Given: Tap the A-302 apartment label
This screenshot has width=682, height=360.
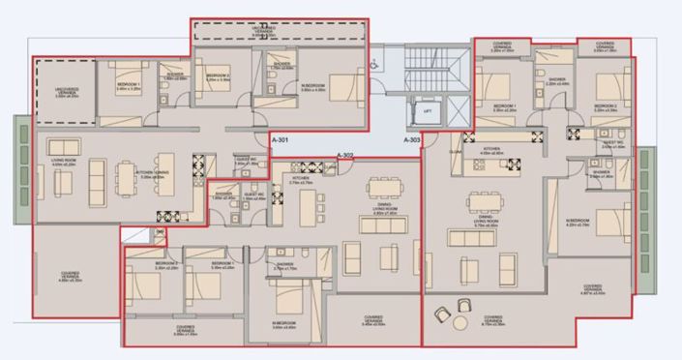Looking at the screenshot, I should (x=346, y=155).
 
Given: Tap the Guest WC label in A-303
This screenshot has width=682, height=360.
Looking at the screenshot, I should (x=613, y=142).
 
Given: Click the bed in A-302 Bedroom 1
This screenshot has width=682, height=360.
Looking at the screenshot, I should (x=207, y=285).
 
